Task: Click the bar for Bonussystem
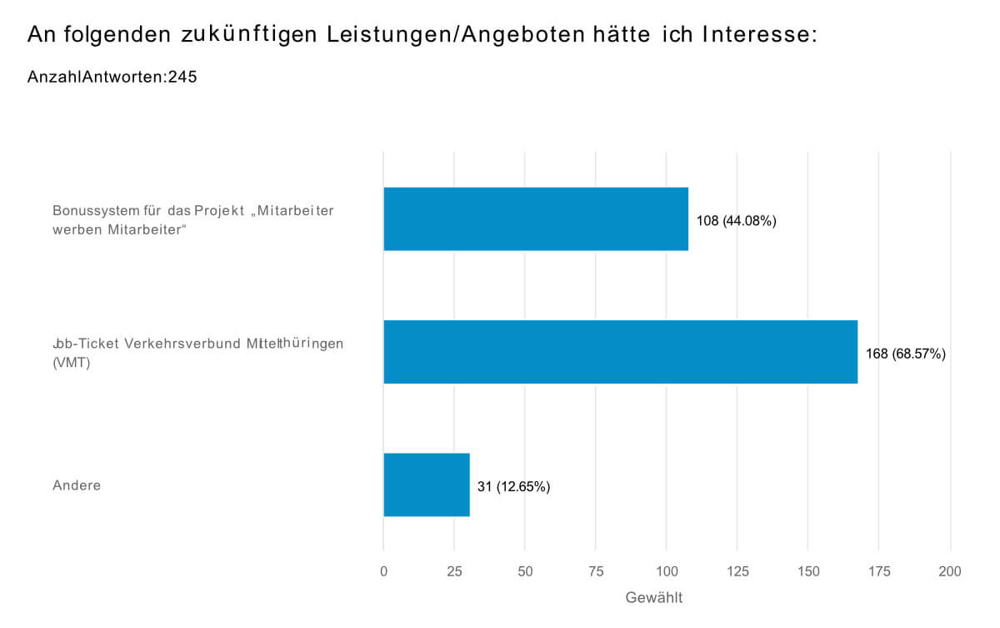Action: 536,219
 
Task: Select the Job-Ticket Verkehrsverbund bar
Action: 620,352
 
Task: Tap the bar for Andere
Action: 427,485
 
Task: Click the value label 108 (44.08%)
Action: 737,221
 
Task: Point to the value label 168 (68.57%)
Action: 906,354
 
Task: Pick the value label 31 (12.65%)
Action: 513,487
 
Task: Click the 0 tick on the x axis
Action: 383,571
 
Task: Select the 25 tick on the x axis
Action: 454,571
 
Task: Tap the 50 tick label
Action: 525,571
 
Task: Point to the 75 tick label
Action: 596,571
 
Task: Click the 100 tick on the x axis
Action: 667,571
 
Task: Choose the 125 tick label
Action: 737,571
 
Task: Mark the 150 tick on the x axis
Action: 808,571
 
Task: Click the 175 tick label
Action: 879,571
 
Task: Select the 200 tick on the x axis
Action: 950,571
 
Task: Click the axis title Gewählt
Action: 654,598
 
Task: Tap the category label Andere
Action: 77,485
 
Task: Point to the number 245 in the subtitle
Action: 182,78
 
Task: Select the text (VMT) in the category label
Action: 71,363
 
